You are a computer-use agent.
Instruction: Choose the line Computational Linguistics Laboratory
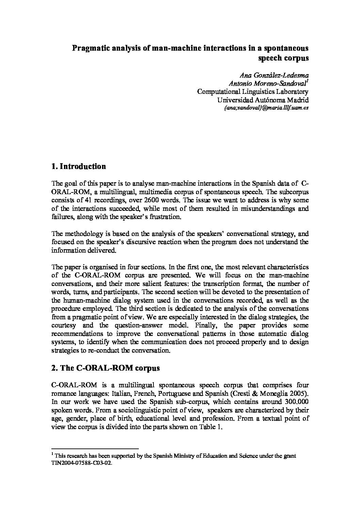(x=253, y=91)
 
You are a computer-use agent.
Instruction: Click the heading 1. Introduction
(x=78, y=166)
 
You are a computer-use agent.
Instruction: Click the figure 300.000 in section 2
(x=296, y=402)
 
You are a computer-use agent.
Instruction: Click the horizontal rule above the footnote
(x=95, y=448)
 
